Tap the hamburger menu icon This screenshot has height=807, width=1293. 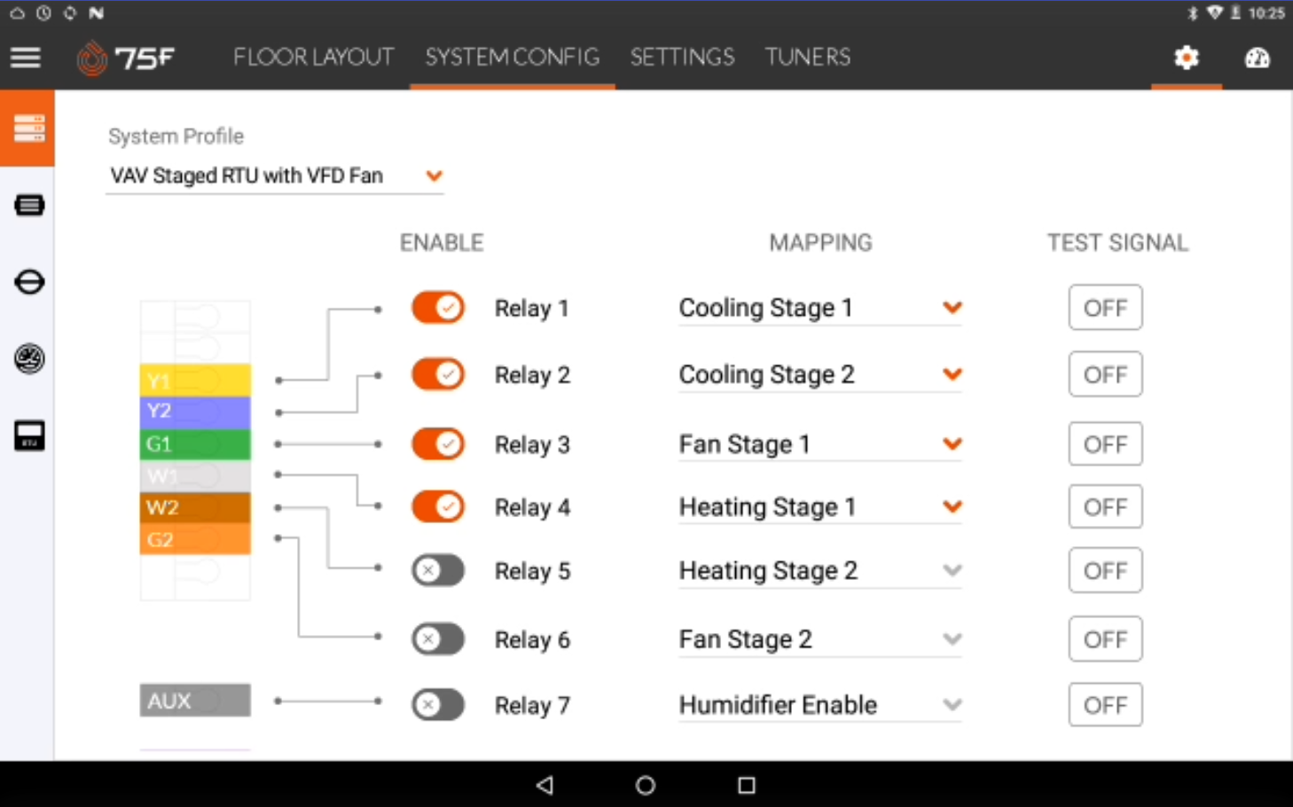26,58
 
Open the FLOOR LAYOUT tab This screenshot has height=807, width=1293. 313,58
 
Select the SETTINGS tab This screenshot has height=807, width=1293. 682,58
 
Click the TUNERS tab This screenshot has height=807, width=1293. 807,58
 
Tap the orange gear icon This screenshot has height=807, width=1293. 1186,59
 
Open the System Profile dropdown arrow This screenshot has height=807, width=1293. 434,176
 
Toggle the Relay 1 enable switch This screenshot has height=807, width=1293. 438,309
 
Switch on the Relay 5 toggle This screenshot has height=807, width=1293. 438,570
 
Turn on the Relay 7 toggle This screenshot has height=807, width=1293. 438,705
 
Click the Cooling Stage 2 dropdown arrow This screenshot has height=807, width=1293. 952,374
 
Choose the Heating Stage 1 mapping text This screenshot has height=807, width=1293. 767,507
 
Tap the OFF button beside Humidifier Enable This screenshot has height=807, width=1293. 1105,705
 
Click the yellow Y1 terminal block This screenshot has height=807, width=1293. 195,380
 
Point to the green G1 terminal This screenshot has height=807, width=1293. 195,443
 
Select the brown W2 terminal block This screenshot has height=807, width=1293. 195,507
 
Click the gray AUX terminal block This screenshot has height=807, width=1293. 195,701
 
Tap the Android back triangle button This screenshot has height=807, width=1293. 545,785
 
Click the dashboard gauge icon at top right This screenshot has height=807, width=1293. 1257,59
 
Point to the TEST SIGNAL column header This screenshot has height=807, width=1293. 1117,243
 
